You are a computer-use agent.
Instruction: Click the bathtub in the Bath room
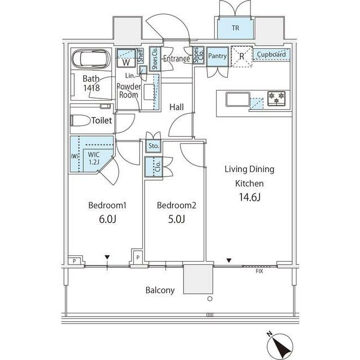pyautogui.click(x=91, y=58)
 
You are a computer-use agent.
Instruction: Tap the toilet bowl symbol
pyautogui.click(x=80, y=120)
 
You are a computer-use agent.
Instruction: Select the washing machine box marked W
pyautogui.click(x=126, y=58)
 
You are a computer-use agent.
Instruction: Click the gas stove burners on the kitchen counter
pyautogui.click(x=276, y=98)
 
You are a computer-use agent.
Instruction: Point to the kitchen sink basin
pyautogui.click(x=237, y=99)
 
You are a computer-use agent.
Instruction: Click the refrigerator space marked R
pyautogui.click(x=241, y=56)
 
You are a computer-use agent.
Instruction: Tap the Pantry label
pyautogui.click(x=217, y=56)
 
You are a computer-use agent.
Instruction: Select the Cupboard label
pyautogui.click(x=271, y=55)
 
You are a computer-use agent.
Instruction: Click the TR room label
pyautogui.click(x=235, y=28)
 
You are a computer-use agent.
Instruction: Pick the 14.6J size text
pyautogui.click(x=250, y=197)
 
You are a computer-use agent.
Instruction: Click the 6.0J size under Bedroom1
pyautogui.click(x=107, y=219)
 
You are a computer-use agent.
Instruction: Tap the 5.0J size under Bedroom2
pyautogui.click(x=176, y=219)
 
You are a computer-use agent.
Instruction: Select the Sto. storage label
pyautogui.click(x=154, y=146)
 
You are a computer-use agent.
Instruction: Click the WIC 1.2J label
pyautogui.click(x=94, y=158)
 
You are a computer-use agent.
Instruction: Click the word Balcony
pyautogui.click(x=160, y=290)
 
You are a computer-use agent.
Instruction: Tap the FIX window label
pyautogui.click(x=259, y=271)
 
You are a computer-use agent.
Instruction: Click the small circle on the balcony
pyautogui.click(x=210, y=299)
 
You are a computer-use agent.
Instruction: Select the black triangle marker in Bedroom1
pyautogui.click(x=107, y=257)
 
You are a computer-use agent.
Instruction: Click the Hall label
pyautogui.click(x=177, y=107)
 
